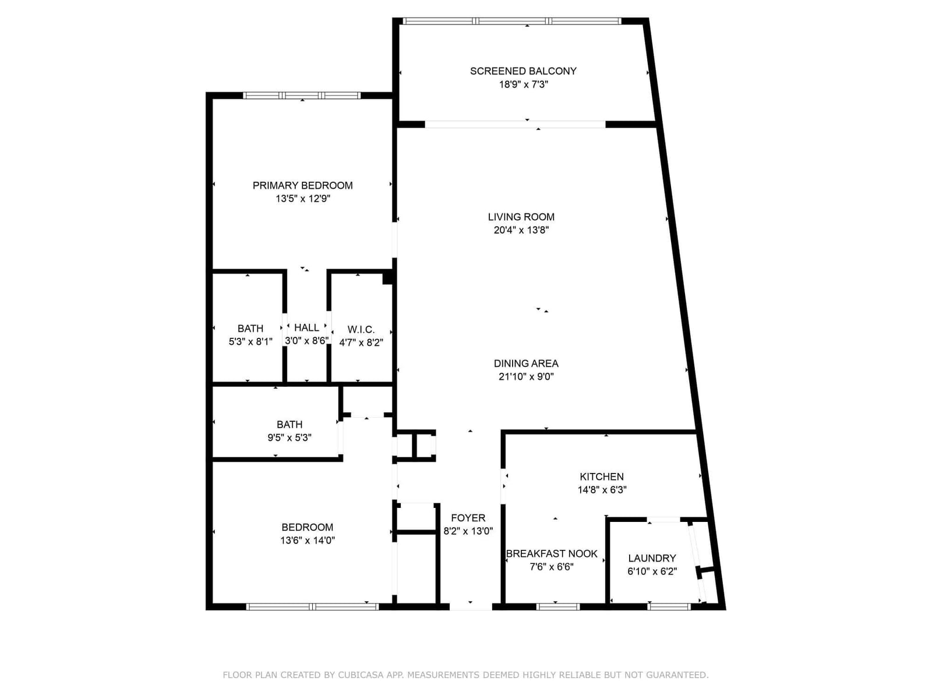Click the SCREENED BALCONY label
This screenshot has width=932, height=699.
pos(523,71)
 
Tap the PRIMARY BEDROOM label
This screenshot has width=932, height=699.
pos(302,185)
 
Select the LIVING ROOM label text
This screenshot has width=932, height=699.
pos(521,217)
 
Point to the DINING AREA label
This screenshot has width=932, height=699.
pos(526,363)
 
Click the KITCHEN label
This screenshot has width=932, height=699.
pos(602,476)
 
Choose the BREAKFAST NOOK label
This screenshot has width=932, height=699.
pos(552,553)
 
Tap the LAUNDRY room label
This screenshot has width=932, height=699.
pos(652,558)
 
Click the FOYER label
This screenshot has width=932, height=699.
pos(468,518)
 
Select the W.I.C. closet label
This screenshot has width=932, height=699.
pos(361,329)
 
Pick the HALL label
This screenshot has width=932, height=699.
pos(306,327)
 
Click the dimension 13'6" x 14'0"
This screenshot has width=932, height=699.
pos(308,541)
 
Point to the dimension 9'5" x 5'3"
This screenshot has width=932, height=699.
pos(289,437)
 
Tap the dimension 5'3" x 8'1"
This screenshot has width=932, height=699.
pos(250,342)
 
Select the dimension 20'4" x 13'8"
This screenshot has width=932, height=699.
pos(521,230)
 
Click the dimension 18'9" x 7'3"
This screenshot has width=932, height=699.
pos(523,84)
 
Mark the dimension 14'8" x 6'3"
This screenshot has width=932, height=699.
pos(602,490)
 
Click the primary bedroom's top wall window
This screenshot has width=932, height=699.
pos(302,96)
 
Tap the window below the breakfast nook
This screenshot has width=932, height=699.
pos(558,607)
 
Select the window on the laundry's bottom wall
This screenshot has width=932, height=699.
pos(669,607)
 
